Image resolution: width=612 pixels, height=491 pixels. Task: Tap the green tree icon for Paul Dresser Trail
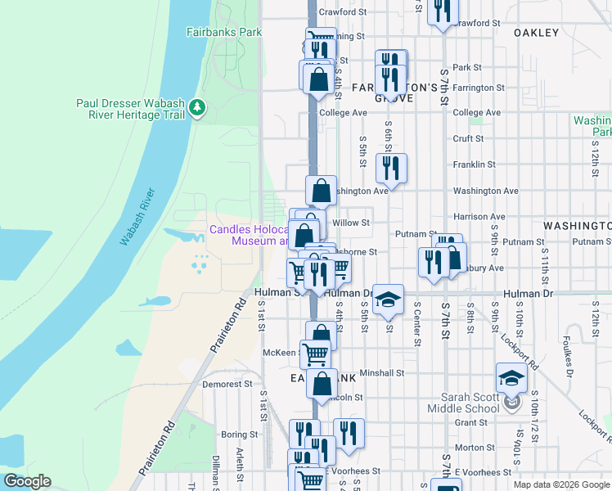click(196, 107)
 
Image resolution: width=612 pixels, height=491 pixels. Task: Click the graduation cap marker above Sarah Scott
click(511, 379)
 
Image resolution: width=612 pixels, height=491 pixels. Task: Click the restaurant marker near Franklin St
click(392, 169)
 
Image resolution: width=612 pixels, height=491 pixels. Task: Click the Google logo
click(27, 481)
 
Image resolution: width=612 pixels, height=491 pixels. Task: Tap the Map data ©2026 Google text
click(560, 484)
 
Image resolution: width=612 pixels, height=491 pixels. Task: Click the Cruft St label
click(469, 139)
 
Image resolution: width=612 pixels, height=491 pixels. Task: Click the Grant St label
click(470, 423)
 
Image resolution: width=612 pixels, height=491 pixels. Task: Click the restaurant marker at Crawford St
click(443, 11)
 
